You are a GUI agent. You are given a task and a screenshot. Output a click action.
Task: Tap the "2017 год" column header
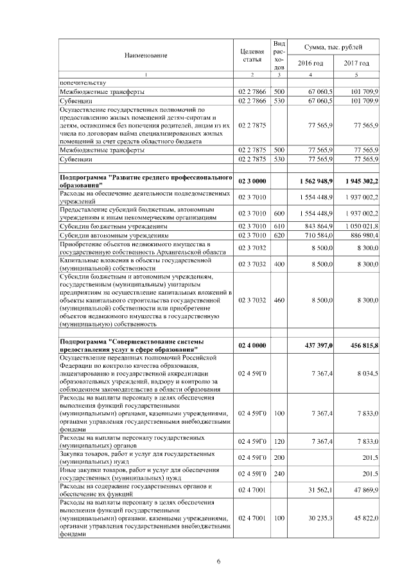click(x=356, y=63)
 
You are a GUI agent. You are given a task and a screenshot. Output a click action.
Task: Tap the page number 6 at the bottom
click(x=218, y=561)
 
